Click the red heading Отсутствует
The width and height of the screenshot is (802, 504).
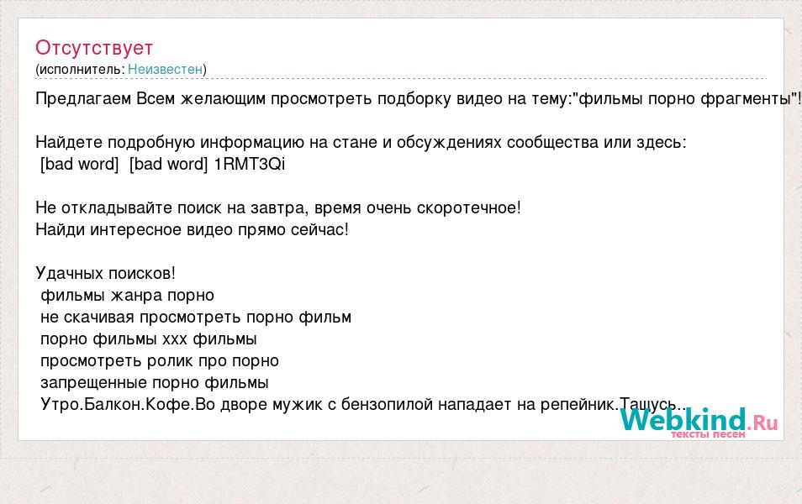(94, 48)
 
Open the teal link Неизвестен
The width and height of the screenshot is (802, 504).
(166, 70)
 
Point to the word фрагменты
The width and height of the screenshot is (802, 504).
(745, 99)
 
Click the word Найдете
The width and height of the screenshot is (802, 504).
(69, 143)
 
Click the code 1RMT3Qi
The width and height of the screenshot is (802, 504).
(249, 164)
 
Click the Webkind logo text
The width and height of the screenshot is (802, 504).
(683, 420)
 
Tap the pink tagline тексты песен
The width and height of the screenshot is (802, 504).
(708, 434)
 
